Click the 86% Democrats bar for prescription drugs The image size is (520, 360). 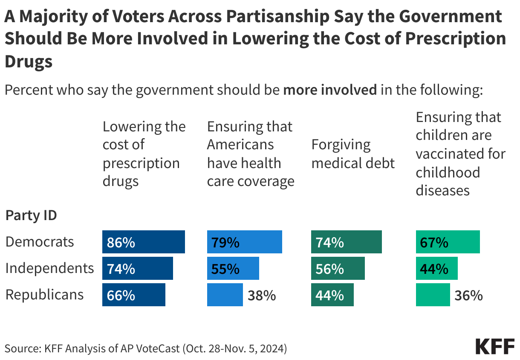point(143,242)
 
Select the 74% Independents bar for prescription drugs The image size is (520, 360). point(137,268)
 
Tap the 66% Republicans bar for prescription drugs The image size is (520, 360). point(133,295)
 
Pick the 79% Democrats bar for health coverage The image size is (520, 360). point(244,242)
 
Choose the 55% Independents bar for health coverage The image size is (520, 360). point(233,268)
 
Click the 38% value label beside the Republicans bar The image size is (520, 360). point(262,295)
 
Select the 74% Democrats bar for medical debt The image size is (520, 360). point(346,242)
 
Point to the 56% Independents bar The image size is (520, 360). point(338,268)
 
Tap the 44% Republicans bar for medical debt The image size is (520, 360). point(332,295)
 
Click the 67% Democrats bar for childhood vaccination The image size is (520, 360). point(448,242)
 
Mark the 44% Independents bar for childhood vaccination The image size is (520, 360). point(436,268)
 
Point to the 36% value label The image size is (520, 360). point(468,295)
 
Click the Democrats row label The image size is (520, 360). point(40,242)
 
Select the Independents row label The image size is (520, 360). point(49,268)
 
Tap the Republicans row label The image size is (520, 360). point(44,295)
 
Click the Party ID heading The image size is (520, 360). point(31,215)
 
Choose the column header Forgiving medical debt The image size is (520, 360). point(353,154)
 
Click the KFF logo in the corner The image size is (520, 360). point(494,346)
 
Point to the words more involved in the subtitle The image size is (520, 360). point(330,90)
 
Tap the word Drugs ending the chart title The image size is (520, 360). point(29,61)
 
